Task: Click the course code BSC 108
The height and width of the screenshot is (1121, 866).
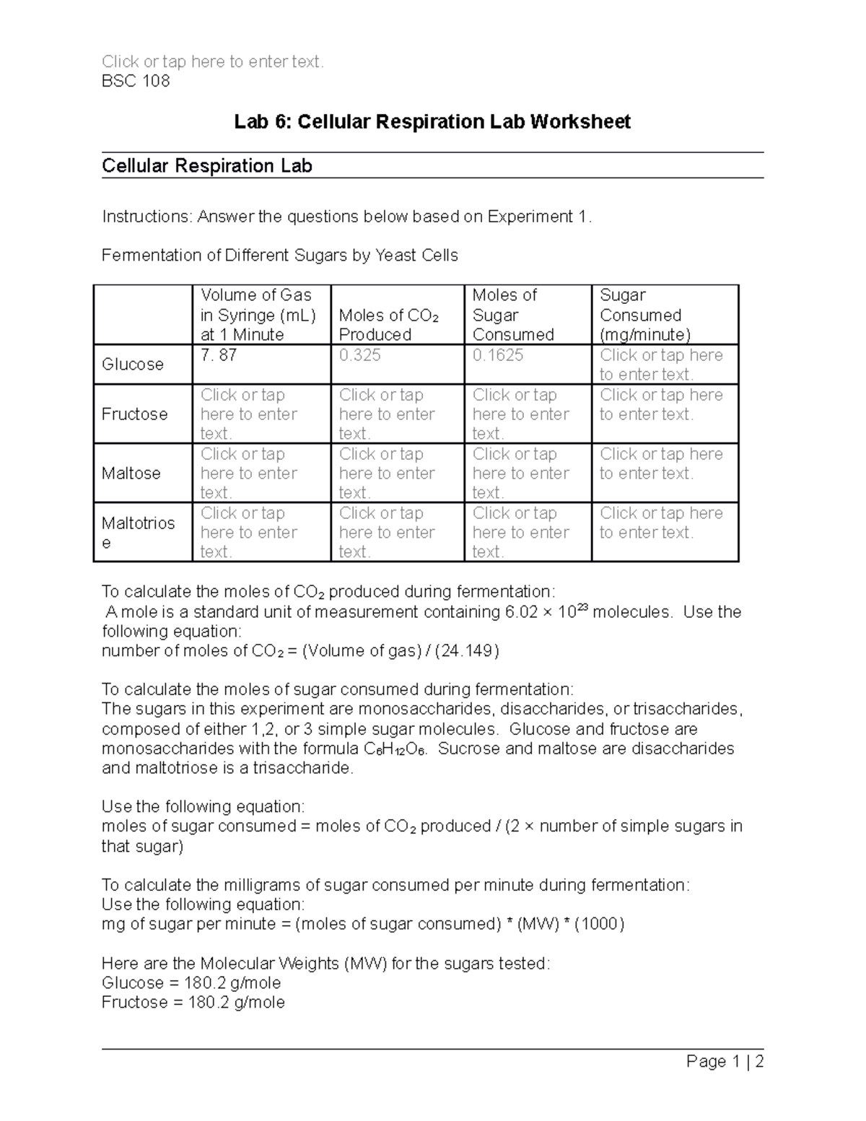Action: (136, 81)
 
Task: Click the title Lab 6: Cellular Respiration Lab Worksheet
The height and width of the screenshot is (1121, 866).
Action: (432, 121)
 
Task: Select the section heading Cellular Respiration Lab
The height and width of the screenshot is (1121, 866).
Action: (206, 166)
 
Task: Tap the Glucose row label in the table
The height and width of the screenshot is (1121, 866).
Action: (133, 365)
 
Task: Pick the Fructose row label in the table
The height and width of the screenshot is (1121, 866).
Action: (134, 414)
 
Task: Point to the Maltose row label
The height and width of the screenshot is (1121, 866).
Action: (131, 474)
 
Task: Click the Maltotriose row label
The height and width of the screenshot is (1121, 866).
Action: (138, 533)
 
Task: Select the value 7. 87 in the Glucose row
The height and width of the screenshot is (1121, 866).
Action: (219, 355)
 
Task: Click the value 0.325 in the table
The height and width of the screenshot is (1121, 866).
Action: (360, 355)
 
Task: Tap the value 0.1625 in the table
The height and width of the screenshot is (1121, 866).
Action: (498, 355)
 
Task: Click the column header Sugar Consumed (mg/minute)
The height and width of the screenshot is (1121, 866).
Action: (645, 315)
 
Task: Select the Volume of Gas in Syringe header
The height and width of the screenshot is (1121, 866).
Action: (258, 315)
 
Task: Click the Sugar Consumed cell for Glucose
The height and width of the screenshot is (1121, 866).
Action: (661, 365)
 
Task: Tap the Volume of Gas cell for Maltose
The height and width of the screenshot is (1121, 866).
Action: (249, 474)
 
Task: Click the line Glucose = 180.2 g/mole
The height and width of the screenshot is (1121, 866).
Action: (191, 983)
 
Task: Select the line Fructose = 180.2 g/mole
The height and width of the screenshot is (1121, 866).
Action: (193, 1003)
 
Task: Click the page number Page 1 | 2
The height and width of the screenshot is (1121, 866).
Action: (725, 1062)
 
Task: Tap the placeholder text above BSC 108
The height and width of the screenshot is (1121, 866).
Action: (213, 62)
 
